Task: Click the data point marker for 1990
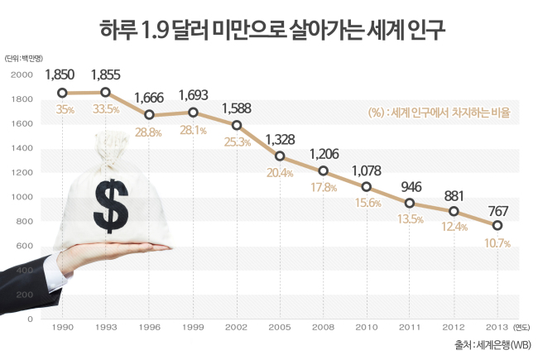(62, 93)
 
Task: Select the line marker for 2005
(280, 156)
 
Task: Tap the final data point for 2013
(497, 225)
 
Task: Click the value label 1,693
(194, 95)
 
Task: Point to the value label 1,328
(281, 140)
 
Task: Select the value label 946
(411, 187)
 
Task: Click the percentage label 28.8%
(148, 132)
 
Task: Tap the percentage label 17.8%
(324, 187)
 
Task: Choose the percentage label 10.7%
(497, 243)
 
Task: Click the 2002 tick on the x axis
(236, 328)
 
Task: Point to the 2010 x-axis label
(367, 328)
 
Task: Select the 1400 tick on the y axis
(22, 148)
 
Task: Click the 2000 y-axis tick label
(22, 74)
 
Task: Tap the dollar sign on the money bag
(111, 206)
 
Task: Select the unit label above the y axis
(24, 59)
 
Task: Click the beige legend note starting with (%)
(439, 113)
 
